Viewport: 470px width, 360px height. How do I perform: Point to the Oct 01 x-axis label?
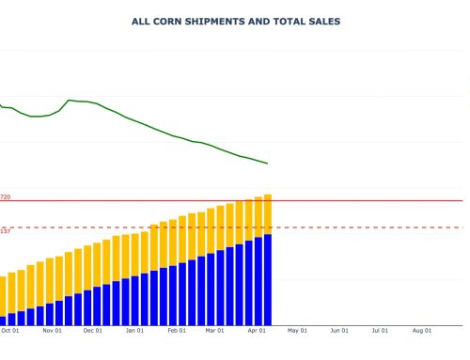(x=10, y=331)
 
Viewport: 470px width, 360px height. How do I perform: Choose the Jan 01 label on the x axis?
(x=134, y=331)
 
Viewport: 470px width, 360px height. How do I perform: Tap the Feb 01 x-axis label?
(x=177, y=331)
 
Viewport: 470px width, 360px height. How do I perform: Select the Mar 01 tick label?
(x=215, y=331)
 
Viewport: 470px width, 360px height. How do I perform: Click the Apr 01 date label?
(x=257, y=331)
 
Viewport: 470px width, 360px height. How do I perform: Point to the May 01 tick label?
(x=298, y=331)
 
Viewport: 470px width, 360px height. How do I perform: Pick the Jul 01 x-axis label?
(x=381, y=331)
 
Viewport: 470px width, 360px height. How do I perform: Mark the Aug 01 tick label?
(x=422, y=331)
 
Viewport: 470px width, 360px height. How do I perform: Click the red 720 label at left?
(x=5, y=197)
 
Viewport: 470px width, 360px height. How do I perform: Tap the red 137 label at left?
(x=5, y=231)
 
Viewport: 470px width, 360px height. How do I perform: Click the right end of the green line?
(x=268, y=164)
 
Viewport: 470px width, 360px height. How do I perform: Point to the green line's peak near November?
(x=70, y=100)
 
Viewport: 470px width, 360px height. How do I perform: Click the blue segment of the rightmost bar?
(x=268, y=278)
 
